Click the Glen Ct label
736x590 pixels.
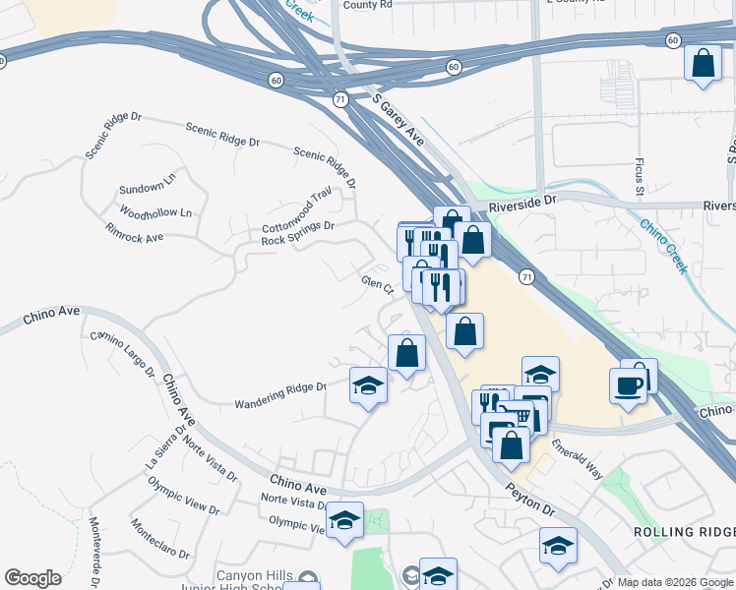377,285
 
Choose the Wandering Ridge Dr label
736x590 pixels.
279,395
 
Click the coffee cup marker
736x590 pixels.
629,385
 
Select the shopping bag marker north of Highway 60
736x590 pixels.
703,64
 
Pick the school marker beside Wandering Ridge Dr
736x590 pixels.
368,384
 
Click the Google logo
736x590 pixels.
33,578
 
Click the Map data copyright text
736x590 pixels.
674,582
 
